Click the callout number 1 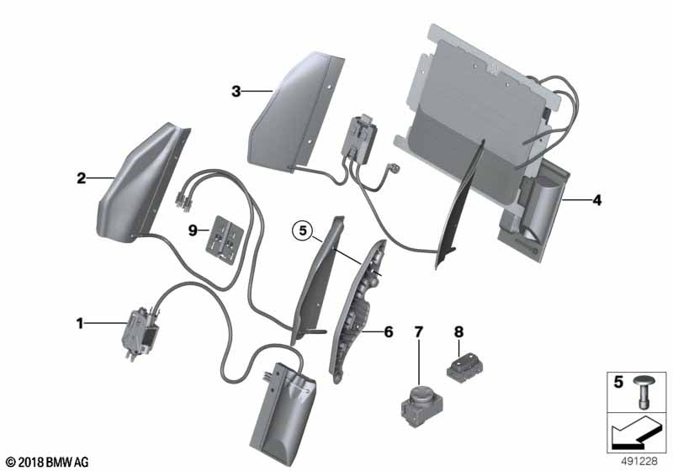coord(79,323)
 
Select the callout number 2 coord(81,178)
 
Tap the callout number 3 coord(236,91)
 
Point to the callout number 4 coord(596,199)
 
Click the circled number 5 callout coord(303,230)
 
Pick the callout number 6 coord(388,331)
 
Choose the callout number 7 coord(418,331)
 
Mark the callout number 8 coord(458,331)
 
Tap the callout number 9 coord(193,230)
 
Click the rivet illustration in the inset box coord(643,391)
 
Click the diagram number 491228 coord(639,462)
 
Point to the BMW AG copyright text coord(48,462)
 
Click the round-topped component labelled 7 coord(421,405)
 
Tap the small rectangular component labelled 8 coord(465,367)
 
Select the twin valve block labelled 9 coord(225,240)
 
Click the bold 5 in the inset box coord(618,382)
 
